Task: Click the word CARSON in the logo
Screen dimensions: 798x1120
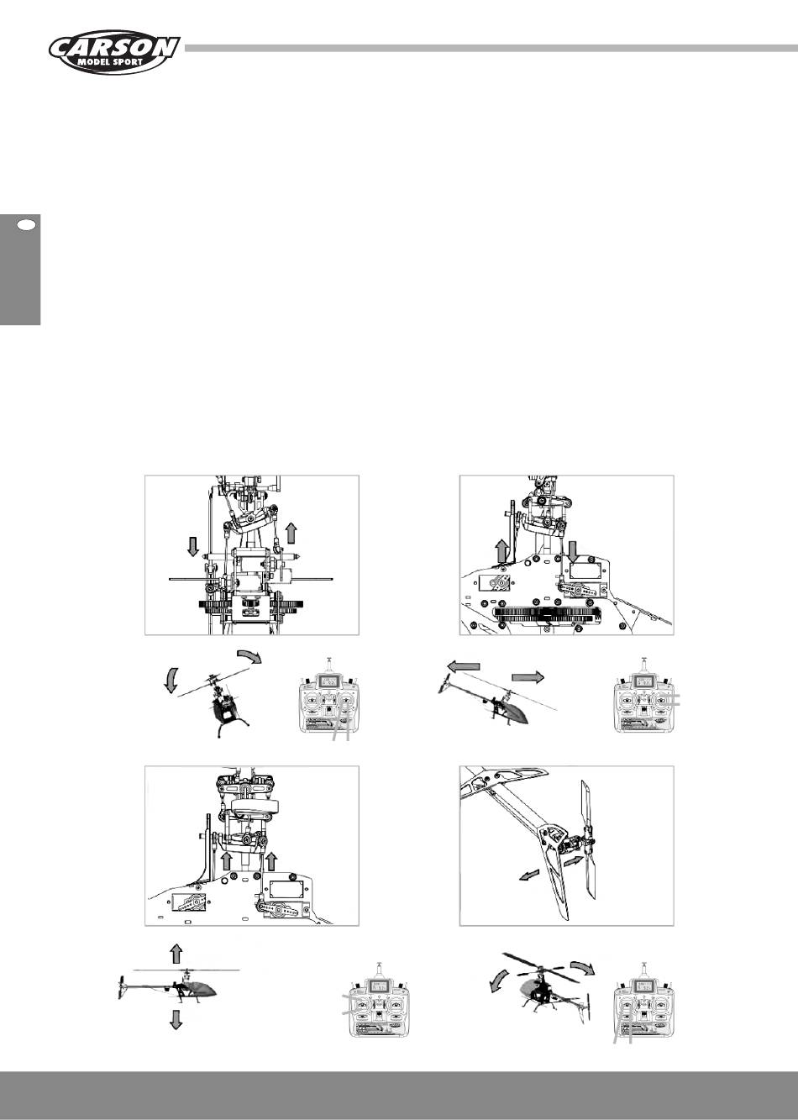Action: pos(114,49)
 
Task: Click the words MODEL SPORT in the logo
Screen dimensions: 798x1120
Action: pos(110,62)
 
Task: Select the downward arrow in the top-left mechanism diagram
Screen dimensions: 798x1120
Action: pos(193,546)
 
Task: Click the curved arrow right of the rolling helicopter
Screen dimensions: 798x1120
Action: pos(251,655)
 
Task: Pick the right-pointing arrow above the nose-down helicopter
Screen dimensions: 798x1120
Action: pos(528,677)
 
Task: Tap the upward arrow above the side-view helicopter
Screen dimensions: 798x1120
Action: pos(176,954)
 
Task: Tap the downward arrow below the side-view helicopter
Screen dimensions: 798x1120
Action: pos(176,1019)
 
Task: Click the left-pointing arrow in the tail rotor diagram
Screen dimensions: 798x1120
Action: pos(528,875)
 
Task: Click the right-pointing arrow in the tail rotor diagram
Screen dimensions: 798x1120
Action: pos(573,861)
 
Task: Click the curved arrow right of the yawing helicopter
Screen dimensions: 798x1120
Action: pos(583,967)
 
